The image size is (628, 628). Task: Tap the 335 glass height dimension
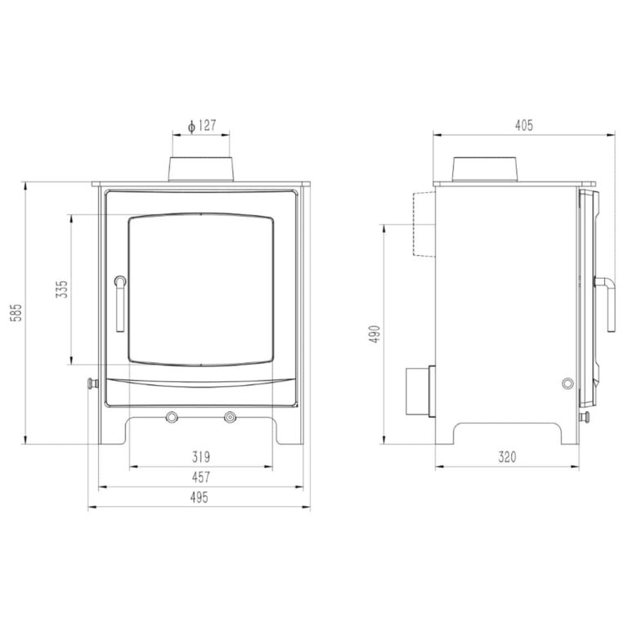coord(61,290)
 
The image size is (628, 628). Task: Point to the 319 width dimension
coord(202,457)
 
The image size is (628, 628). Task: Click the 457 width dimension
coord(201,477)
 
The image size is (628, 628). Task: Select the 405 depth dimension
coord(524,125)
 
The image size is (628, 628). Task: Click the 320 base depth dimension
coord(507,458)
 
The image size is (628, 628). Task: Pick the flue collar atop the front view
coord(202,168)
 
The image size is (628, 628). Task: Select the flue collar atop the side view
coord(486,168)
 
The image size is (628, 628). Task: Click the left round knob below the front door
coord(173,417)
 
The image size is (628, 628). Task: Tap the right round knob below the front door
coord(231,417)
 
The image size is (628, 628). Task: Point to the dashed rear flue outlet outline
coord(423,222)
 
